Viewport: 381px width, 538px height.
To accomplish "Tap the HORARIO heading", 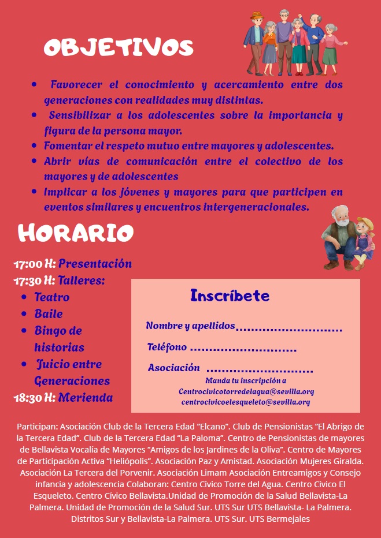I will pos(76,233).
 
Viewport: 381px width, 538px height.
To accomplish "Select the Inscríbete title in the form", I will pos(230,296).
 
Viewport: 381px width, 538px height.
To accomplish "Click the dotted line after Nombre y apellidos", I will pos(288,329).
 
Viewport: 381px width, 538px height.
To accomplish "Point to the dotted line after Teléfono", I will pos(243,349).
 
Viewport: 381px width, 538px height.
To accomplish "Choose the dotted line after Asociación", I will pos(259,370).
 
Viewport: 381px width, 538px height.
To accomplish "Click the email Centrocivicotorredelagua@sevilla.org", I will pos(246,391).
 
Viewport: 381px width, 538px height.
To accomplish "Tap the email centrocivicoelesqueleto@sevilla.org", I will pos(246,402).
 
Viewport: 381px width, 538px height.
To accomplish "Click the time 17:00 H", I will pos(35,264).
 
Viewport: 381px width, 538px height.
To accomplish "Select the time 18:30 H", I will pos(35,398).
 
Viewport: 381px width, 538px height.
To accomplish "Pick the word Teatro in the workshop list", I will pos(52,297).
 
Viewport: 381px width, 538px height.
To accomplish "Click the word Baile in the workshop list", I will pos(49,314).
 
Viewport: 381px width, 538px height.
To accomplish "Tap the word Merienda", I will pos(85,398).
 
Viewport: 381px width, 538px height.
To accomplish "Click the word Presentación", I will pos(95,264).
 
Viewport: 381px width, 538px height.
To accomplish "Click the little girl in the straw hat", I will pos(364,240).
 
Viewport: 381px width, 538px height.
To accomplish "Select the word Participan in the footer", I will pos(36,427).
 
